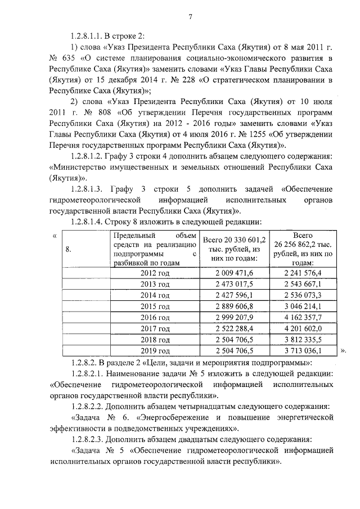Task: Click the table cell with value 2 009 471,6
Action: point(235,273)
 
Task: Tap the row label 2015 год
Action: point(155,307)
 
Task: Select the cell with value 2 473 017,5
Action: point(235,284)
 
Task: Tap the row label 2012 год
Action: point(155,273)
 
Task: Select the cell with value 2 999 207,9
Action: point(235,318)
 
